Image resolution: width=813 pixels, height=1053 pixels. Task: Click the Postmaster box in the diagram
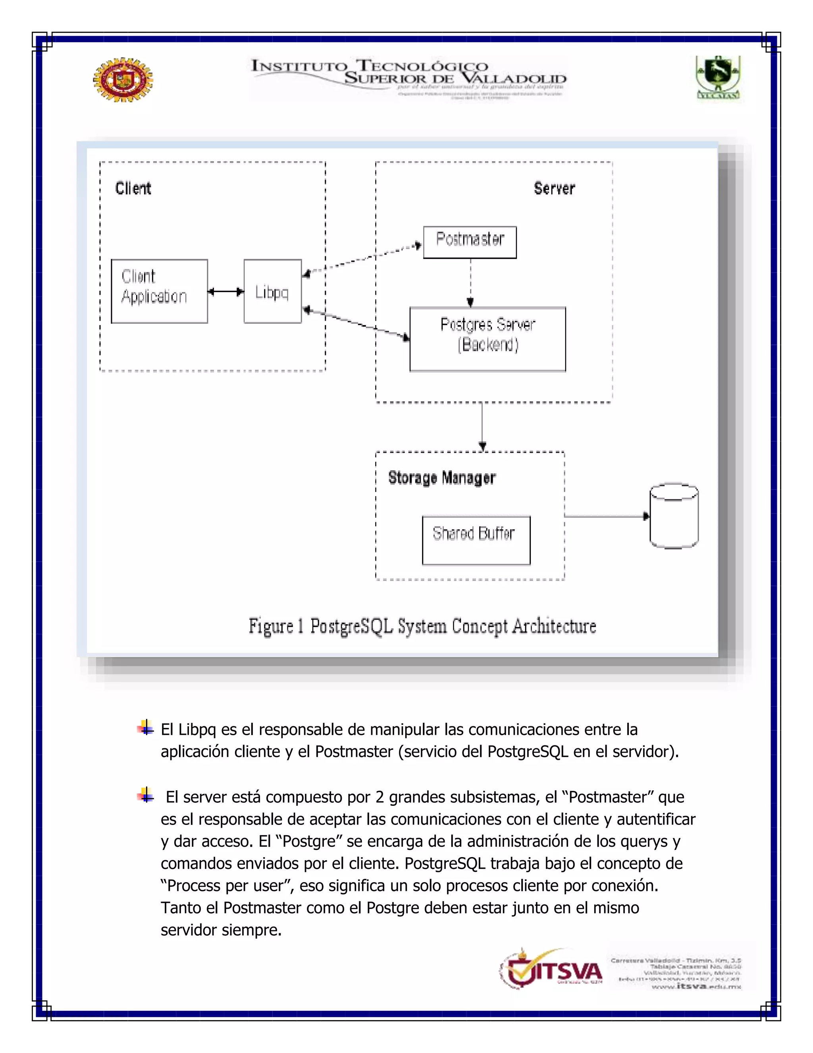click(470, 242)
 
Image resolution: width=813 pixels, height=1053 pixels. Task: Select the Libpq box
click(273, 291)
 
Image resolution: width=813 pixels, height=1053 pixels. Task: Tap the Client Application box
click(159, 291)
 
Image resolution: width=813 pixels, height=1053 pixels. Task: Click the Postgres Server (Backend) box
click(487, 339)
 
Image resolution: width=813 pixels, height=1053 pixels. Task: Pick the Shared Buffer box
click(476, 540)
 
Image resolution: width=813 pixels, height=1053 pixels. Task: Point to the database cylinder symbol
click(674, 515)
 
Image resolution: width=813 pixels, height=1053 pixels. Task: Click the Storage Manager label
click(442, 478)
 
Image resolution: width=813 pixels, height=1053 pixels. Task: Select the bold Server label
click(554, 188)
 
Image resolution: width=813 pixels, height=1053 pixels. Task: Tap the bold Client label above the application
click(133, 188)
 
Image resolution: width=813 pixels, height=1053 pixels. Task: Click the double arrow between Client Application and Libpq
click(225, 291)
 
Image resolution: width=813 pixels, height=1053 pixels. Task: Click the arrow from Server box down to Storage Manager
click(482, 426)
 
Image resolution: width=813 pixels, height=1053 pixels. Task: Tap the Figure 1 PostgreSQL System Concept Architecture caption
click(422, 626)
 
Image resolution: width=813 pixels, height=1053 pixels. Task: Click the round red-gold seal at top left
click(123, 79)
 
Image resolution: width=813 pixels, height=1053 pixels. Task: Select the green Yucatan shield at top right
click(718, 77)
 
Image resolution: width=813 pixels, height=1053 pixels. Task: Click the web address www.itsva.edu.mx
click(696, 987)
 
